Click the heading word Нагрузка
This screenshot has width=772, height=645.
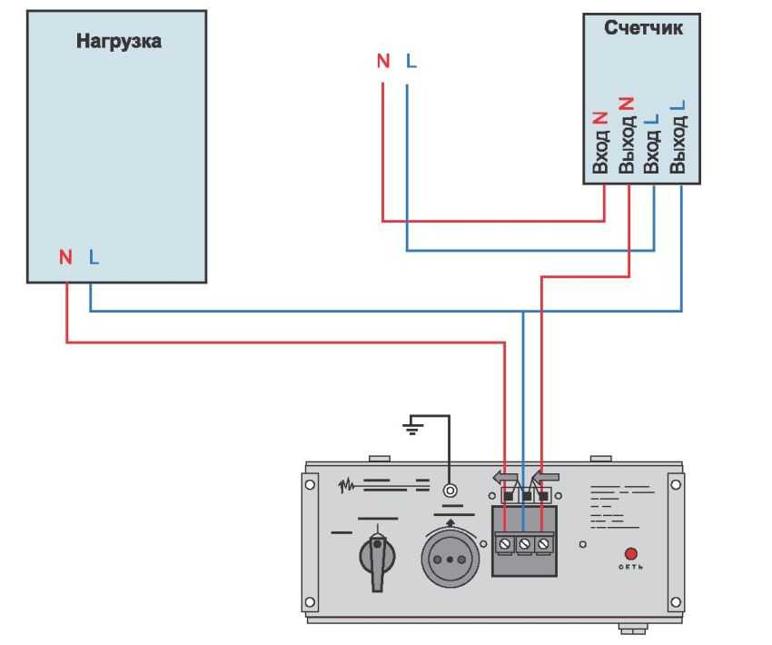point(119,41)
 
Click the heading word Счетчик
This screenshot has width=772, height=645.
point(643,28)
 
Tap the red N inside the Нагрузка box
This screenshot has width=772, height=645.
point(65,257)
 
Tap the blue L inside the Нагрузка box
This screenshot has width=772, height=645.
point(94,257)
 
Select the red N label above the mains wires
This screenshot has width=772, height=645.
point(383,61)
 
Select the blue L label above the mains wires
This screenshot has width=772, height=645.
point(411,61)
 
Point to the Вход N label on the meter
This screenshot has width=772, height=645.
point(600,143)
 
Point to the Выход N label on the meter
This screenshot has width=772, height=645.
point(627,135)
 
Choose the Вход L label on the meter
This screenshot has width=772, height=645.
point(651,143)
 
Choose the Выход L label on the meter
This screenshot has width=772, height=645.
point(678,136)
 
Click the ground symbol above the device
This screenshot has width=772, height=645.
point(413,425)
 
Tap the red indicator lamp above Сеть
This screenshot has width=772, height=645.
point(631,553)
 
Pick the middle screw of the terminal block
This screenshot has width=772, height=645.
point(524,543)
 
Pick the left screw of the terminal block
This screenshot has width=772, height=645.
point(505,543)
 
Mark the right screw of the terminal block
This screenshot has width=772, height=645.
point(543,543)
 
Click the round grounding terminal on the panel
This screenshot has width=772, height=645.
point(450,491)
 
